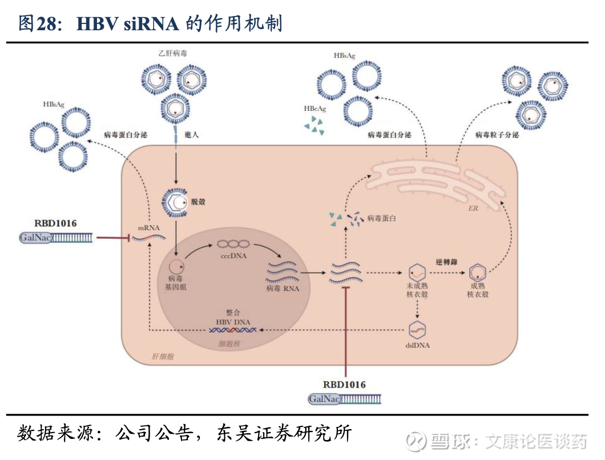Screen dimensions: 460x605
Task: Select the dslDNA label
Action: (x=419, y=345)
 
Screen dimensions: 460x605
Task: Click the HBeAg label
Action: (x=314, y=108)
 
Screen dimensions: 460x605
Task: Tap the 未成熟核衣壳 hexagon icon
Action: (x=418, y=273)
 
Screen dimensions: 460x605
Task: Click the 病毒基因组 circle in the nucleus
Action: (x=176, y=266)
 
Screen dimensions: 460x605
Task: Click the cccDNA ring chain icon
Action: (x=232, y=244)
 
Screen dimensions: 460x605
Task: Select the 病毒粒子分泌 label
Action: (x=497, y=135)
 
